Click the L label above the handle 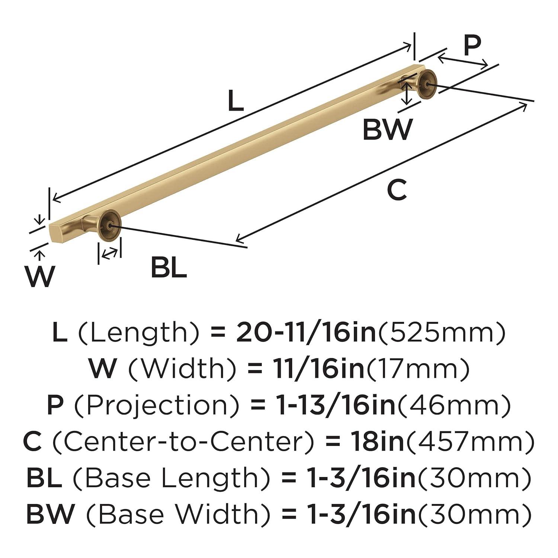pyautogui.click(x=235, y=101)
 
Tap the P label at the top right pyautogui.click(x=472, y=46)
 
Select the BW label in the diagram pyautogui.click(x=387, y=129)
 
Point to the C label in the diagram pyautogui.click(x=397, y=190)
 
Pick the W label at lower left pyautogui.click(x=41, y=276)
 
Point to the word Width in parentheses pyautogui.click(x=182, y=369)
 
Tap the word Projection pyautogui.click(x=157, y=405)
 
